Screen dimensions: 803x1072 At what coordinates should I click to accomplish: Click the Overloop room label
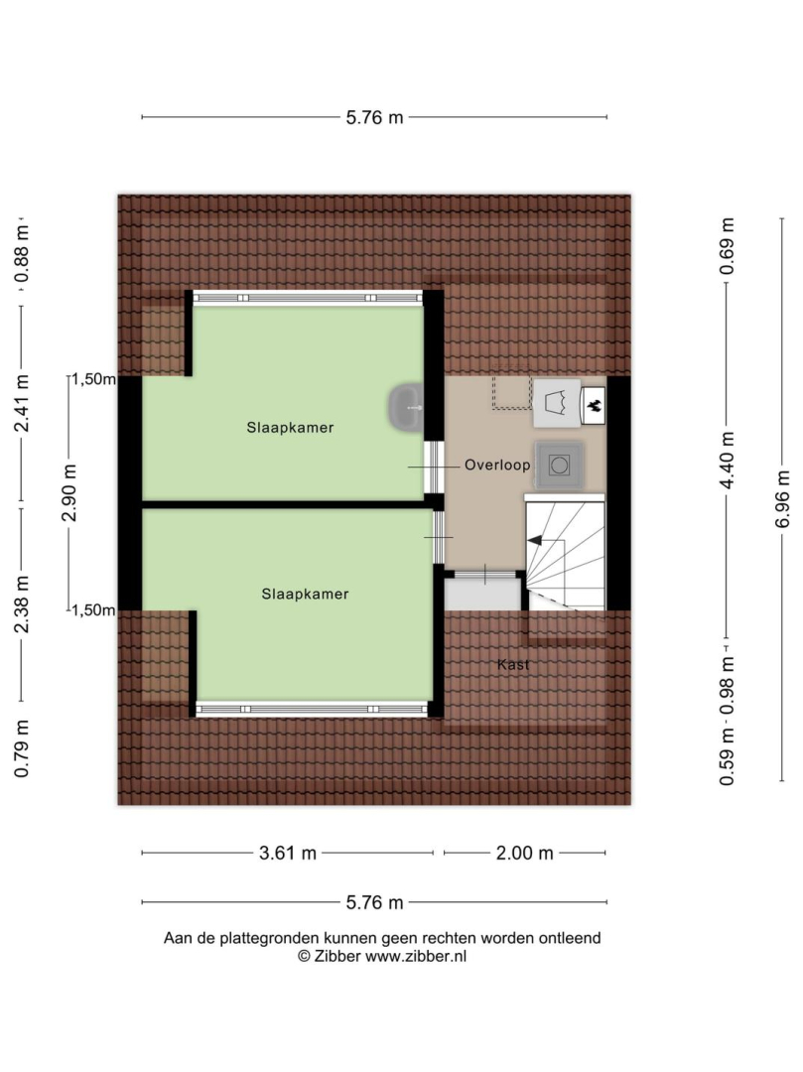[497, 465]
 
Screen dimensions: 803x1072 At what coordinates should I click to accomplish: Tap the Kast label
[513, 664]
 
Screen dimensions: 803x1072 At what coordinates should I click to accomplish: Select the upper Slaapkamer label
[290, 428]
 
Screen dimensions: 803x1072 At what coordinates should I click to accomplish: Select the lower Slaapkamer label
[305, 595]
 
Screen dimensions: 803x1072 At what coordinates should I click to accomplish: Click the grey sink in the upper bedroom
[407, 408]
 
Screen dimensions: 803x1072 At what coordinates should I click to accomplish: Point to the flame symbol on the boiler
[594, 405]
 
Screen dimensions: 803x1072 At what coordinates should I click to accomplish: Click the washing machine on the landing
[560, 466]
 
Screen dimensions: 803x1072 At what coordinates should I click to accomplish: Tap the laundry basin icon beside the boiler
[557, 403]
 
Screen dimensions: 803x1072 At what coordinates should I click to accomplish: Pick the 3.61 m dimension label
[288, 853]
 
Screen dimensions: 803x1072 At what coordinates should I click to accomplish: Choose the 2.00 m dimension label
[524, 853]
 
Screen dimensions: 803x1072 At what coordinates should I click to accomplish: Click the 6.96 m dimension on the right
[783, 499]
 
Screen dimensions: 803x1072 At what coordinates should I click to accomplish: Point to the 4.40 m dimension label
[728, 461]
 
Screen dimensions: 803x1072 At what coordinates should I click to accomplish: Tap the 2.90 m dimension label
[69, 492]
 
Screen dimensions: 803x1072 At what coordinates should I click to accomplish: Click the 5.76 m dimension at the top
[374, 117]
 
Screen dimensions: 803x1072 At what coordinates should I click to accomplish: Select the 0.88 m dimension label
[22, 254]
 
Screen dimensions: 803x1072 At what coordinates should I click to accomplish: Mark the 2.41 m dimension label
[22, 403]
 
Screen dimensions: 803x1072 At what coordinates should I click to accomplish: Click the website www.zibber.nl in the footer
[416, 957]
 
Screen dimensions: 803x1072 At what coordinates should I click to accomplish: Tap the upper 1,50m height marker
[93, 379]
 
